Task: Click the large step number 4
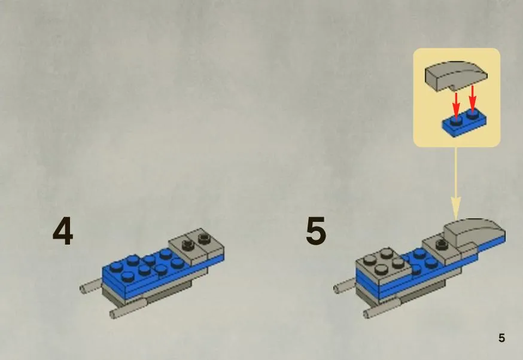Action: click(63, 231)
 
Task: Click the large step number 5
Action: click(315, 231)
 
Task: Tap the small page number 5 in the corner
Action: click(501, 338)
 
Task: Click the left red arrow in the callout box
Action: click(457, 103)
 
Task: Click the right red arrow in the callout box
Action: click(472, 97)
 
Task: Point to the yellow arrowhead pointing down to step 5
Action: click(455, 208)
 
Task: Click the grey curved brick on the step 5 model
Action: click(474, 233)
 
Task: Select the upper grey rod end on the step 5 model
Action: click(343, 286)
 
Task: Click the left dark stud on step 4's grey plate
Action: click(188, 245)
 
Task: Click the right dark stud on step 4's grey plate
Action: click(203, 239)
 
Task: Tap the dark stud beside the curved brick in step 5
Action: click(442, 243)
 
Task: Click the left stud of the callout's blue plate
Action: click(456, 121)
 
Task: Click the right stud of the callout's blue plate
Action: click(472, 115)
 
